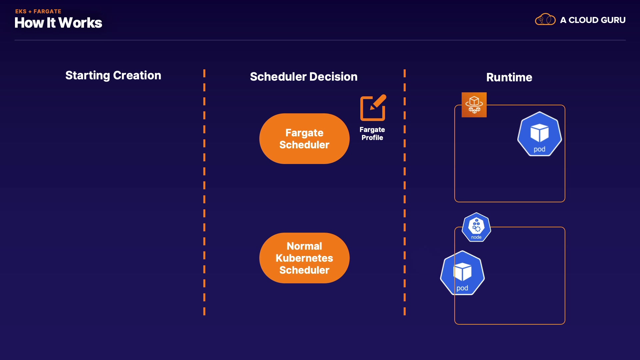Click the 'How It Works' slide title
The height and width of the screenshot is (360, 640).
click(x=58, y=23)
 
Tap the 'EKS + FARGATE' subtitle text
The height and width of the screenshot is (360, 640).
click(x=38, y=11)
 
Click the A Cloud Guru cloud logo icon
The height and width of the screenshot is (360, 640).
click(x=545, y=20)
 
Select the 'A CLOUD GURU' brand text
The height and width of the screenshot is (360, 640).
click(x=593, y=20)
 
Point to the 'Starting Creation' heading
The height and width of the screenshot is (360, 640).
click(x=113, y=75)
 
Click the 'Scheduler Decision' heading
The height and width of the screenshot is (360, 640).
click(x=304, y=77)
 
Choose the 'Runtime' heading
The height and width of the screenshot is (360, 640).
click(x=509, y=77)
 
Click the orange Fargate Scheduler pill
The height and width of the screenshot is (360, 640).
click(x=304, y=139)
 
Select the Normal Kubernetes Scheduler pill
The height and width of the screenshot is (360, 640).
click(x=304, y=258)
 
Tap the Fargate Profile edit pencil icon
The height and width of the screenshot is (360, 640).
click(x=373, y=108)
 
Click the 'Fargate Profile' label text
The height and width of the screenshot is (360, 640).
click(x=372, y=134)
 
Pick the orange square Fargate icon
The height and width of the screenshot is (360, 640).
click(x=474, y=105)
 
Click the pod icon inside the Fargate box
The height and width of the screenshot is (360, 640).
click(x=539, y=134)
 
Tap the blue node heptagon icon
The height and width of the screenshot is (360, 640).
click(x=476, y=227)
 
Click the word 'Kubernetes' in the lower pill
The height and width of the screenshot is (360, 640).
click(x=304, y=258)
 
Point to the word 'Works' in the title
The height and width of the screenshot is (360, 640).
click(x=80, y=23)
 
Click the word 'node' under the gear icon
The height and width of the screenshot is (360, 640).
click(x=476, y=237)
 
